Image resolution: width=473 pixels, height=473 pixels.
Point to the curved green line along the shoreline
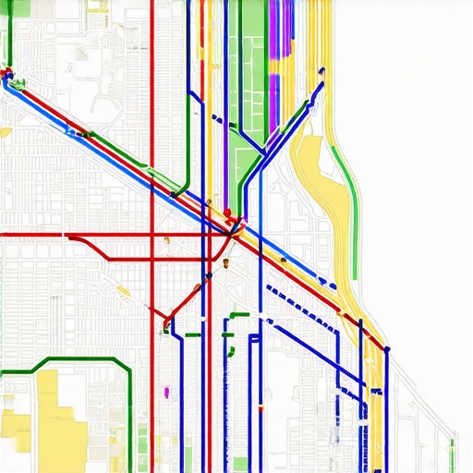(349, 185)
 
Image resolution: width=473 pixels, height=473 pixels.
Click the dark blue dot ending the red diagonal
(386, 349)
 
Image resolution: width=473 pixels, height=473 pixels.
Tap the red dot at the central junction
(227, 213)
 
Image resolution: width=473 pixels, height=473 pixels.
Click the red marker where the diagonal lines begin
(8, 71)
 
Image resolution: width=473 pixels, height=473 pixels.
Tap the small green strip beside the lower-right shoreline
(452, 453)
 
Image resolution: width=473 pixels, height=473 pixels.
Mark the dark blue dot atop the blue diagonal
(321, 71)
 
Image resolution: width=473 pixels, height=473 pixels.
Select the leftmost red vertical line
(152, 139)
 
